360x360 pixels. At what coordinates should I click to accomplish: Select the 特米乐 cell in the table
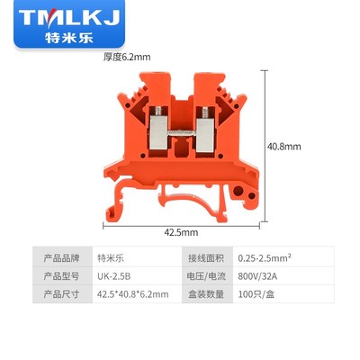pos(113,256)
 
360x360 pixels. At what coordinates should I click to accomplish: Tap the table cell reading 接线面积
pos(204,256)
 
